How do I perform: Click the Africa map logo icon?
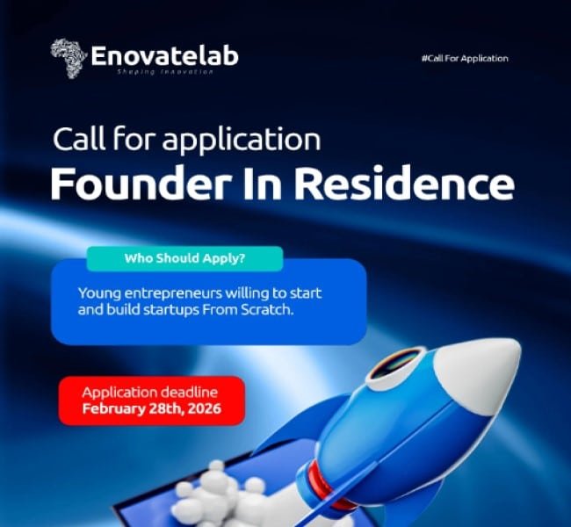coord(69,56)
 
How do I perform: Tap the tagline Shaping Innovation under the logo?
coord(164,72)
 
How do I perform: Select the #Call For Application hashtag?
coord(465,58)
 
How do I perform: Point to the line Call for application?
coord(186,139)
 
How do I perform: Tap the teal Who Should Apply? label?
coord(184,259)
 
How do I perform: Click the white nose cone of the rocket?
coord(488,365)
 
